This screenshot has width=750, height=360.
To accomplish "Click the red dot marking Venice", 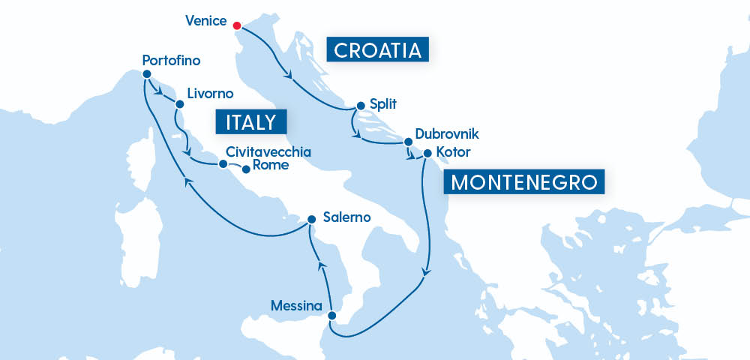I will tap(237, 25).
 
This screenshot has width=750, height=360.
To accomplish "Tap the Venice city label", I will tap(205, 20).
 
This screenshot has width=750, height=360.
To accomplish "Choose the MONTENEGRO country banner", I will tap(524, 182).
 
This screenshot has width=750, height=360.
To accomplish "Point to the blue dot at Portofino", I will tap(145, 74).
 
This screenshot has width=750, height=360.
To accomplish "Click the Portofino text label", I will tap(170, 59).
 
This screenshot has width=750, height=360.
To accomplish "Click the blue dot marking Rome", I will tap(246, 169).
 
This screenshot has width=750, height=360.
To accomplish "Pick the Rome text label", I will tap(271, 166).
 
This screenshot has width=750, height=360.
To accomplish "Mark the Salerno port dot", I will tap(311, 220).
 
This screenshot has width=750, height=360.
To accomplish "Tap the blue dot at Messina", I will tap(332, 316).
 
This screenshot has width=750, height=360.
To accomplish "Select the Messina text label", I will tap(298, 306).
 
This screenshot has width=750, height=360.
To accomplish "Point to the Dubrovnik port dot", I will tap(408, 141).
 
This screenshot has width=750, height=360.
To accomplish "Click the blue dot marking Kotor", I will tap(427, 154).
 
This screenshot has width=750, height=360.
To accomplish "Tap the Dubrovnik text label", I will tap(448, 135).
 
